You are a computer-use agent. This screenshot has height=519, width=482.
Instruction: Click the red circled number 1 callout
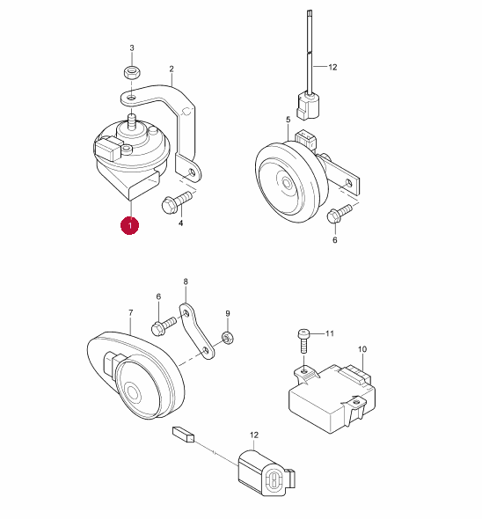[x=130, y=225]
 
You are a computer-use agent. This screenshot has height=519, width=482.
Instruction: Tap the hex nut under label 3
[x=133, y=72]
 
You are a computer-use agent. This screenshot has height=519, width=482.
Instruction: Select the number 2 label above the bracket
[x=172, y=69]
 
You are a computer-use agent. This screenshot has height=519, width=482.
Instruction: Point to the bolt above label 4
[x=177, y=202]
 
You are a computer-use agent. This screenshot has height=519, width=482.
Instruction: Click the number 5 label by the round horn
[x=288, y=120]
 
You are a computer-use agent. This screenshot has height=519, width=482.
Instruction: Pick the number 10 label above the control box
[x=362, y=349]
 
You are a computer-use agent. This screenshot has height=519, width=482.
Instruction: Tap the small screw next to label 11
[x=303, y=340]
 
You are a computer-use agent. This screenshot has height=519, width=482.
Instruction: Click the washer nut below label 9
[x=228, y=338]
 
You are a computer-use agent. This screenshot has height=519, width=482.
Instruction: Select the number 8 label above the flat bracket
[x=186, y=281]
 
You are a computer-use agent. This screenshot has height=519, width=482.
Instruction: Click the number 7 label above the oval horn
[x=131, y=312]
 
